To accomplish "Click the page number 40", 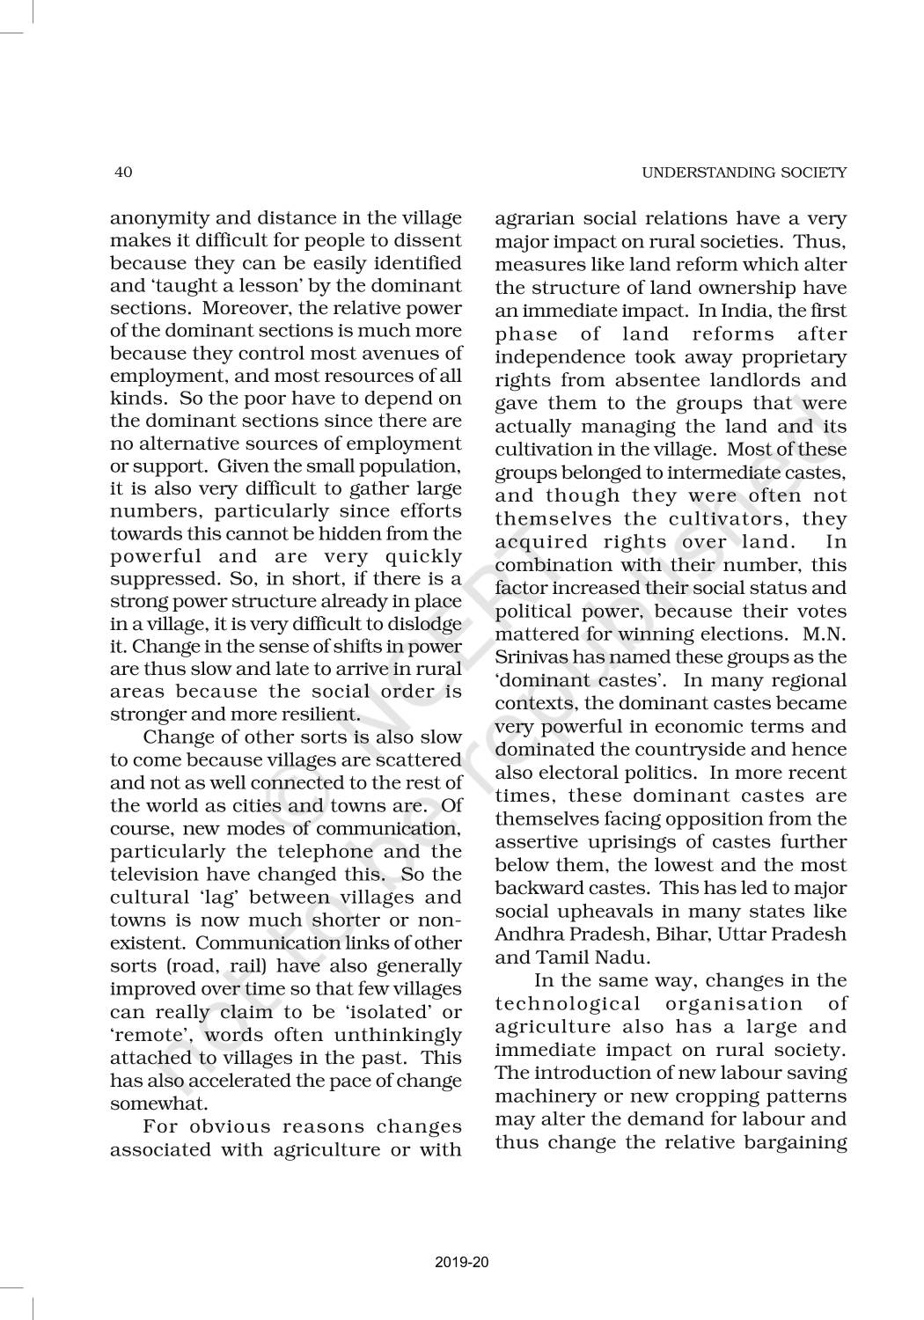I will [123, 172].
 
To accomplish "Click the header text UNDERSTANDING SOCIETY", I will [744, 172].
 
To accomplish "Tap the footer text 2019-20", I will [461, 1263].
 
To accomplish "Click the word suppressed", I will [147, 579].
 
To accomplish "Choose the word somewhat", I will [147, 1104].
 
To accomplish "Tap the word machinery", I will [536, 1096].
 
